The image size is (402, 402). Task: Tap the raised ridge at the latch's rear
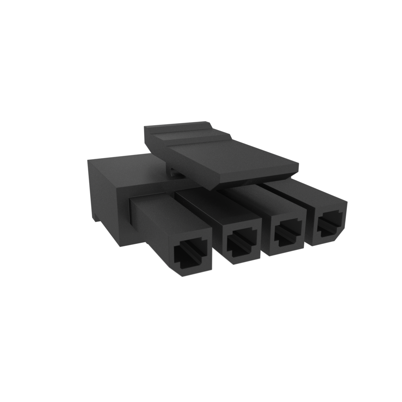[x=177, y=127]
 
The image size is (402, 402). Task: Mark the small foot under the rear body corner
[x=95, y=217]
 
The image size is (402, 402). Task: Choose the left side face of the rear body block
[x=102, y=196]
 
